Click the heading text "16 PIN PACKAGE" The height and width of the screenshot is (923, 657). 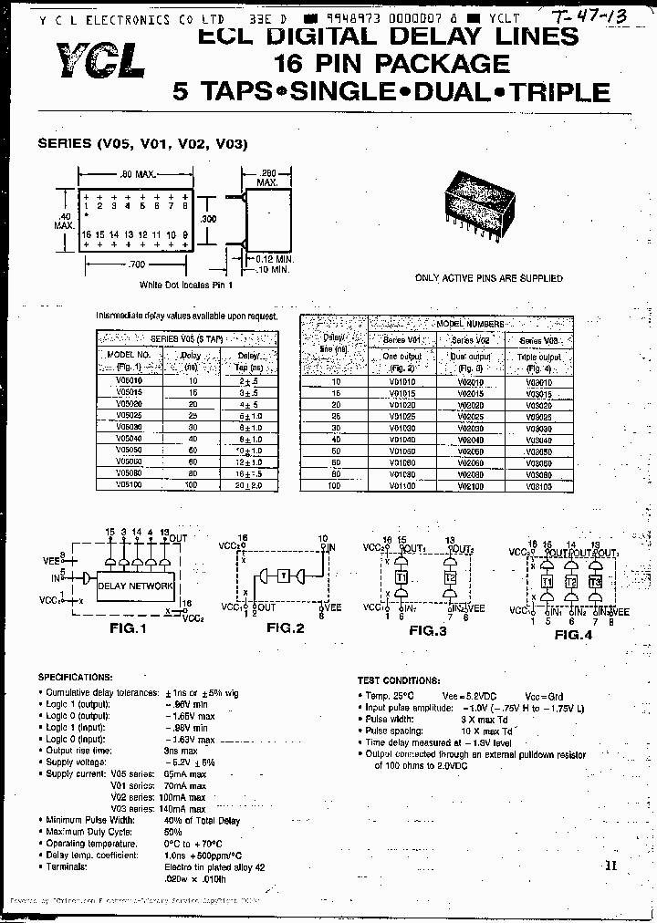391,63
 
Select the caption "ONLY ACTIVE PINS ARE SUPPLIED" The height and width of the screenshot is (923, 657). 488,278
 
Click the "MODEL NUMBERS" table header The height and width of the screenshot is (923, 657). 470,324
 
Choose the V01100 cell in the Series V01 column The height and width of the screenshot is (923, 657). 401,486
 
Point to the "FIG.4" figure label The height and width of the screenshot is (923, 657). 573,633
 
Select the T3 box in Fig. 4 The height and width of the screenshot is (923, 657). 595,582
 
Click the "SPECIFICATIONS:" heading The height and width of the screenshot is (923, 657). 76,677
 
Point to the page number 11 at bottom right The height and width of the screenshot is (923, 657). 610,867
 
